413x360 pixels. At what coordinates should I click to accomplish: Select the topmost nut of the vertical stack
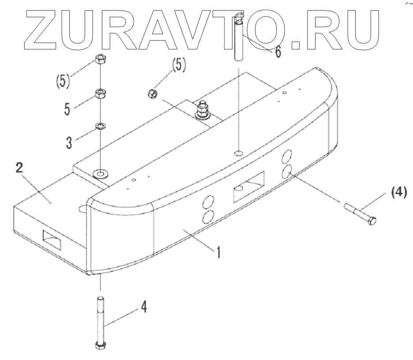click(x=101, y=60)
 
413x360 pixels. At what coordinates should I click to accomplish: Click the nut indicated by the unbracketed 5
click(x=101, y=93)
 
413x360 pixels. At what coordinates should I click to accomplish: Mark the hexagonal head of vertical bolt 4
click(x=101, y=345)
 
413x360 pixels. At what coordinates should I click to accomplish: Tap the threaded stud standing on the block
click(x=204, y=108)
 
